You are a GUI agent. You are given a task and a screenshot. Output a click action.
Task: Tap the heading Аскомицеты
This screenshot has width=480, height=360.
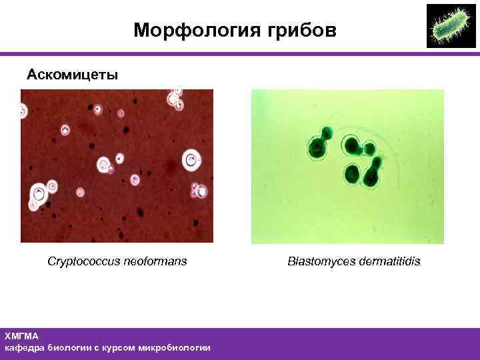(x=72, y=74)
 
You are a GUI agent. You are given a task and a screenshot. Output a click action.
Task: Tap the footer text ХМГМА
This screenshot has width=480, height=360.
(x=21, y=337)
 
